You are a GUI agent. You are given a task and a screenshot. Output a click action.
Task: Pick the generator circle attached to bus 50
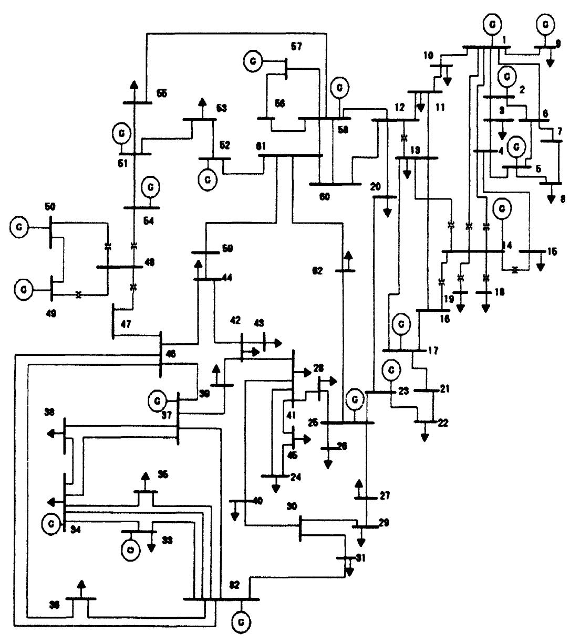click(19, 227)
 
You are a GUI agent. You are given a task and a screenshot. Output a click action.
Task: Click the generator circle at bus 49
click(23, 289)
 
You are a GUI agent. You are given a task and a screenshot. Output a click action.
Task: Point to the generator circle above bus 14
click(502, 208)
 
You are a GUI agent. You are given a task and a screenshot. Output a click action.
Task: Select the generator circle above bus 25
click(355, 400)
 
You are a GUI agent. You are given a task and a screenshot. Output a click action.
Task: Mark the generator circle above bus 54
click(151, 186)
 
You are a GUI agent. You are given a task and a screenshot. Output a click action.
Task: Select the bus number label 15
click(551, 251)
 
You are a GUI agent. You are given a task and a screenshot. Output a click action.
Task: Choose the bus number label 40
click(257, 501)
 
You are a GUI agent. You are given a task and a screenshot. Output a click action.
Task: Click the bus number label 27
click(385, 495)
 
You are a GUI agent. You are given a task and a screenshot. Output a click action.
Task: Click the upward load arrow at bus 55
click(134, 86)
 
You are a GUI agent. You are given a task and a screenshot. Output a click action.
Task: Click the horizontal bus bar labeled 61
click(291, 155)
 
